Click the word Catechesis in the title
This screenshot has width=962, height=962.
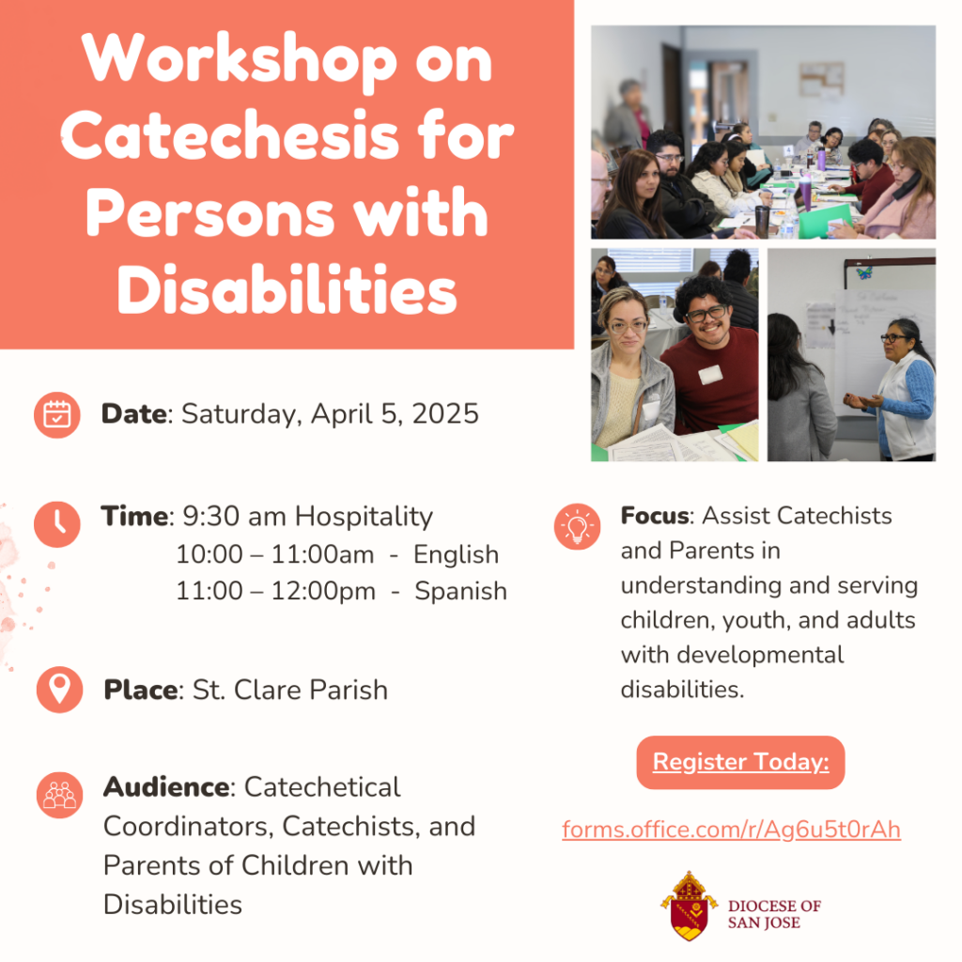(x=287, y=135)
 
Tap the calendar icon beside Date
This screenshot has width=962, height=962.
(x=57, y=415)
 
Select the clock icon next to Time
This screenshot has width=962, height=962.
(x=57, y=524)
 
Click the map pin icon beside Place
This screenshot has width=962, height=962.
(x=59, y=689)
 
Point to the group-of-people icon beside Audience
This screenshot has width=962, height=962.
(x=59, y=795)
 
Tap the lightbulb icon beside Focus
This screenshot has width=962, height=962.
(x=578, y=526)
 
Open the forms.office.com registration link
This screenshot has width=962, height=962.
(x=731, y=830)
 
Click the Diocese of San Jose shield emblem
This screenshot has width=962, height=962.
(x=689, y=906)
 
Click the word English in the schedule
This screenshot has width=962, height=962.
(x=456, y=554)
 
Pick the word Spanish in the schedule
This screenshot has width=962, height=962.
(x=460, y=592)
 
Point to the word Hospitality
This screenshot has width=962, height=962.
(x=364, y=518)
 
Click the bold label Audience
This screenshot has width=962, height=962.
(x=166, y=787)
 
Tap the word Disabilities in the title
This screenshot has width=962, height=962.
(x=287, y=289)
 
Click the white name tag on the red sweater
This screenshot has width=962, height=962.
(x=710, y=374)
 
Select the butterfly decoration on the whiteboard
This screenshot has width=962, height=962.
(x=864, y=272)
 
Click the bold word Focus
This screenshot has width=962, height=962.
(x=655, y=516)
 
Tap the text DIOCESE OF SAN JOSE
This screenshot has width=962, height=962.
(x=774, y=914)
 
